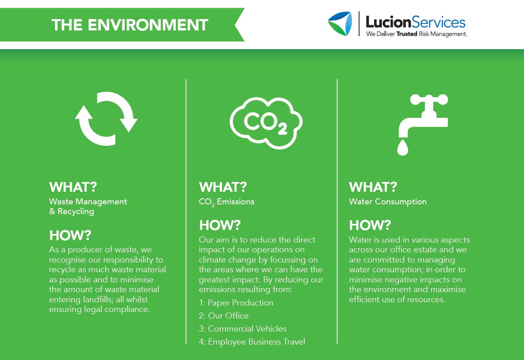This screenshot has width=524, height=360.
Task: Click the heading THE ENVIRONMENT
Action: point(130,25)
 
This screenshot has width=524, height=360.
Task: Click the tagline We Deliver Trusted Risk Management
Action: point(416,34)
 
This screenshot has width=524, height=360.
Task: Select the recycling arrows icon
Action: point(106,119)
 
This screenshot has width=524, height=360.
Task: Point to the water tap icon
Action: point(422,118)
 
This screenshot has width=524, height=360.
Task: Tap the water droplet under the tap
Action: point(403,148)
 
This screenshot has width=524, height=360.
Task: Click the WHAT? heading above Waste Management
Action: point(73,187)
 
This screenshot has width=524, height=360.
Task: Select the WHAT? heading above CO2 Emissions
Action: point(223,187)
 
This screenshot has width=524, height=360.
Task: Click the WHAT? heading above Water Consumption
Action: point(372,187)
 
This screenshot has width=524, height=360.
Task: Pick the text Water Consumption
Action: point(388,202)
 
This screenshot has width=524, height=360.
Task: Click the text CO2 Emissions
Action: point(226,202)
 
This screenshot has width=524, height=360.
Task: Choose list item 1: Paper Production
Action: point(236,303)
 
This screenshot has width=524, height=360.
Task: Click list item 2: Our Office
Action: point(223,316)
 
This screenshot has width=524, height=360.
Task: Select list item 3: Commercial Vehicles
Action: point(243,329)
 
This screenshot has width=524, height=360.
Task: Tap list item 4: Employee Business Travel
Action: point(252,342)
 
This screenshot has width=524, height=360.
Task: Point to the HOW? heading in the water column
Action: point(370,225)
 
